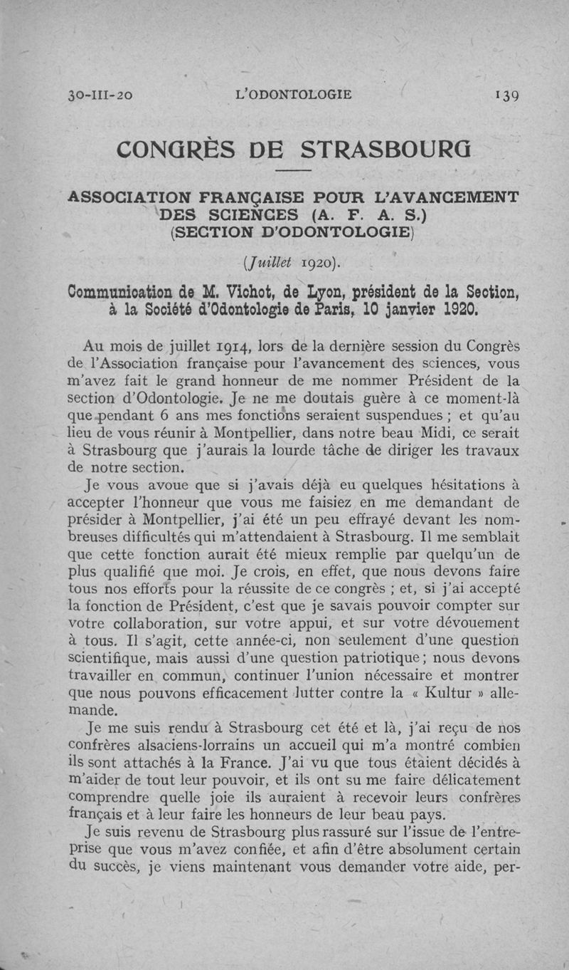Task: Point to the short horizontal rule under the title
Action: pos(292,172)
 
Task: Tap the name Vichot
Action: pos(245,293)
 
